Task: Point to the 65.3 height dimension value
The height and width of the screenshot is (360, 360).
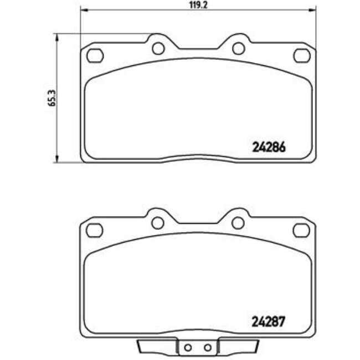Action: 52,98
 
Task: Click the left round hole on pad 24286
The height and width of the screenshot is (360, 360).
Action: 158,49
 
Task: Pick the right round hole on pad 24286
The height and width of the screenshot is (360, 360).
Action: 239,49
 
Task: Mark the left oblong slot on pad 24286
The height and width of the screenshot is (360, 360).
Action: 95,56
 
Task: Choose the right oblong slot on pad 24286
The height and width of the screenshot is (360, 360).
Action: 302,56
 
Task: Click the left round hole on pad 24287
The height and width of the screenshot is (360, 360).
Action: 158,223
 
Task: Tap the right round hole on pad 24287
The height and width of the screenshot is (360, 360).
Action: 238,223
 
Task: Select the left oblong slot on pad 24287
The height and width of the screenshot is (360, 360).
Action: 95,229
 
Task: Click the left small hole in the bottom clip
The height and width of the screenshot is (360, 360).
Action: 188,348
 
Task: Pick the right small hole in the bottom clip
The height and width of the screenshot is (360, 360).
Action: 208,348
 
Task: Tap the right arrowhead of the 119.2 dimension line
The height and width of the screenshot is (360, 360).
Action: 313,9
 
